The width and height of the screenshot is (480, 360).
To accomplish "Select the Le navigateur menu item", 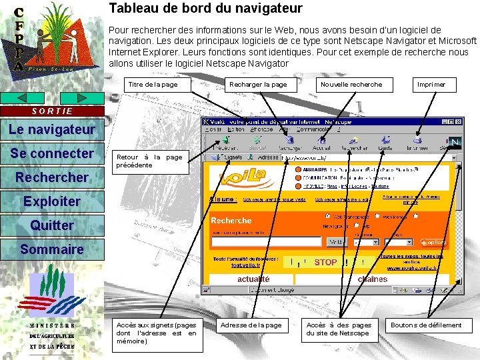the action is (52, 129).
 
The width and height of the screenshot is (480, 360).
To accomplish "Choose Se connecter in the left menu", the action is (52, 153).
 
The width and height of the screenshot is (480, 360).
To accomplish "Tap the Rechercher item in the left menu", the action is (52, 177).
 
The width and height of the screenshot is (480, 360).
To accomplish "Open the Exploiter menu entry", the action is (52, 201).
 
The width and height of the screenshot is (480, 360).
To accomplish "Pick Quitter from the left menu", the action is (52, 225).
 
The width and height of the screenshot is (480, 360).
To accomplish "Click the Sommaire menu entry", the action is (52, 249).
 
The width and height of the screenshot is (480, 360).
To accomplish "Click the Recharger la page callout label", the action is (258, 85).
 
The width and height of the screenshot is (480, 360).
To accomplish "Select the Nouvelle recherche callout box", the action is (352, 85).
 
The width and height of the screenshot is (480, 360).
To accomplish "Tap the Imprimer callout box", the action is (431, 85).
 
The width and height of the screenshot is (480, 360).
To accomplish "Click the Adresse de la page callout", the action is (251, 325).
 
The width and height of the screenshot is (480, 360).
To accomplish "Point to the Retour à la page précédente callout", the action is (149, 161).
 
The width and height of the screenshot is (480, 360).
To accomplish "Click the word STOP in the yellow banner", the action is (325, 262).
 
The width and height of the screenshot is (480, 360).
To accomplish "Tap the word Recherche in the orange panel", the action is (231, 221).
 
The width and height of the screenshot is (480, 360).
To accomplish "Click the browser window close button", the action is (459, 123).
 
